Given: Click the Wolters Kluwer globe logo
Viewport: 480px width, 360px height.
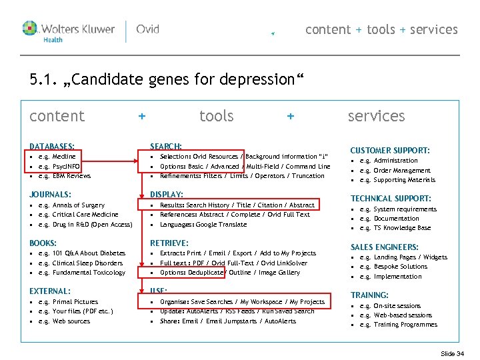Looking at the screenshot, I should point(31,28).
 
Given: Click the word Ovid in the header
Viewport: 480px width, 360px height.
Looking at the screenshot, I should point(147,29).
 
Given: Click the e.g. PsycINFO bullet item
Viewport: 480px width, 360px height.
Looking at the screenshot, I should point(59,166).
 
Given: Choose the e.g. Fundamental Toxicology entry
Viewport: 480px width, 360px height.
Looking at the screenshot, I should point(81,273).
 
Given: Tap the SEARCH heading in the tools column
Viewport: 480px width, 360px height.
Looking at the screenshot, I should point(166,146).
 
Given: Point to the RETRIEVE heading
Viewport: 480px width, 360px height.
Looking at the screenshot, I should point(169,243).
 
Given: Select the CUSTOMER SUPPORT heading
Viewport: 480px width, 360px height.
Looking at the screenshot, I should point(390,151).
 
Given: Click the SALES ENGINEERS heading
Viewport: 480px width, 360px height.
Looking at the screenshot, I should point(385,247).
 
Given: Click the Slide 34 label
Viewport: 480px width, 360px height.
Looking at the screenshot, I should point(452,353).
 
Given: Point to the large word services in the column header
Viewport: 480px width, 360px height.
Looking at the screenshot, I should point(376,116).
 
